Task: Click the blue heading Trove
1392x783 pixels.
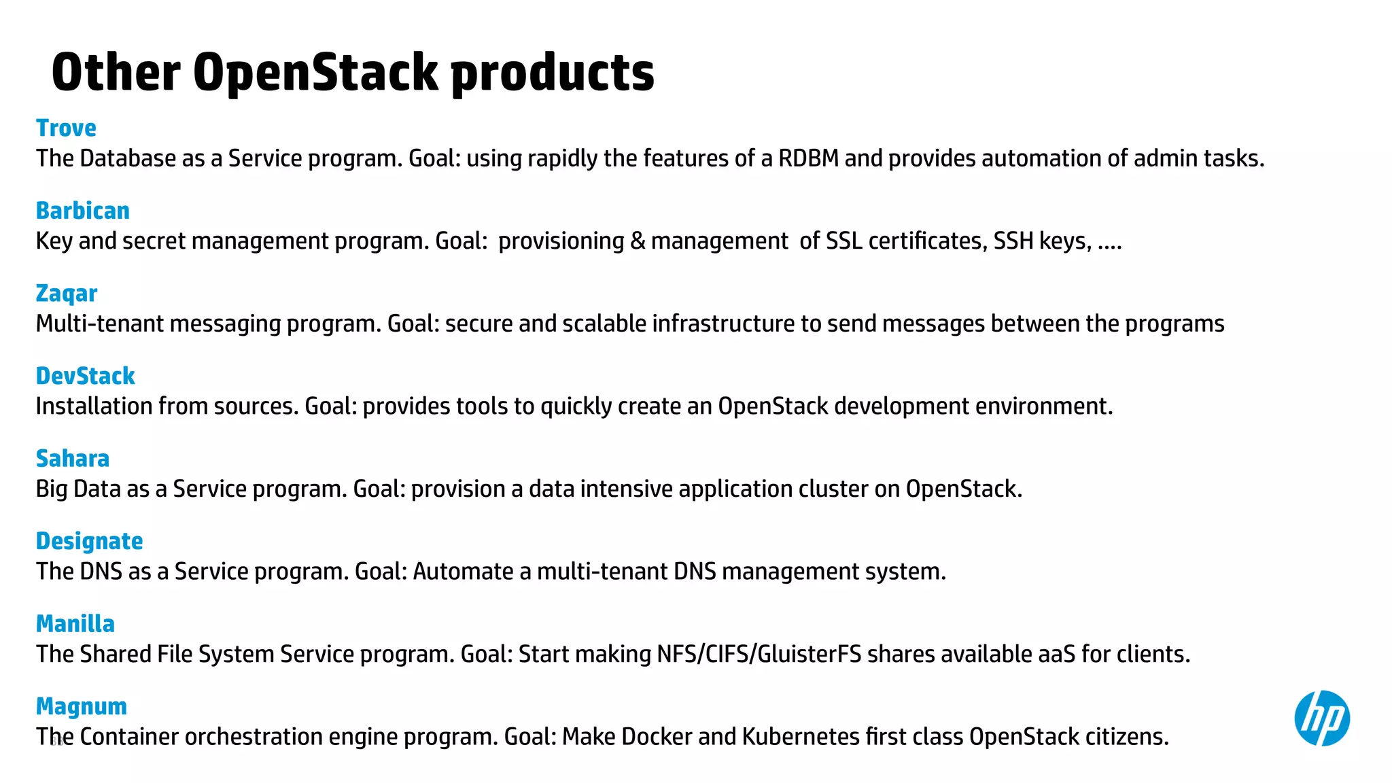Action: (66, 128)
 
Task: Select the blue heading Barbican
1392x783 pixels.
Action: (82, 211)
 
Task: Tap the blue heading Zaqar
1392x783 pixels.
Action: (66, 294)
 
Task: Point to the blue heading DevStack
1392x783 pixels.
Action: (85, 376)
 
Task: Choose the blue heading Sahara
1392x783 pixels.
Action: (72, 459)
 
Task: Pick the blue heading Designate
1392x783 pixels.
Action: (89, 541)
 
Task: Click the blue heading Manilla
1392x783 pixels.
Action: (75, 624)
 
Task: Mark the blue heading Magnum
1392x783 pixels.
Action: (81, 707)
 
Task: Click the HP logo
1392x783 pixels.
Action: (1321, 718)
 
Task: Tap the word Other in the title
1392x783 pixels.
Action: (116, 72)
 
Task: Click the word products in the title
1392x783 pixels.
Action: (552, 73)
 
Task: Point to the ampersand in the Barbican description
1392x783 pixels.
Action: (638, 241)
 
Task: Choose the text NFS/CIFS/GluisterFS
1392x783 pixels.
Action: (759, 654)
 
